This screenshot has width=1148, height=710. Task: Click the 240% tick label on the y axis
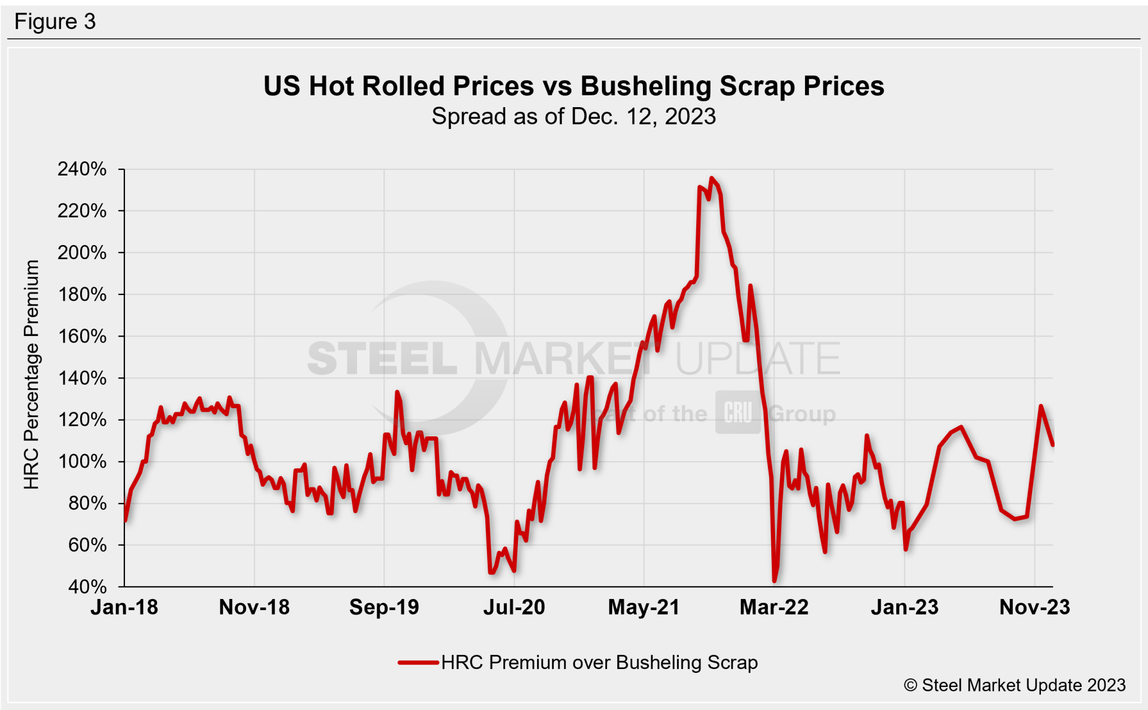tap(82, 169)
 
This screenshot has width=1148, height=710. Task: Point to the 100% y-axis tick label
tap(82, 462)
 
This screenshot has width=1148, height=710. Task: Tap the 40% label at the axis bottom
tap(87, 587)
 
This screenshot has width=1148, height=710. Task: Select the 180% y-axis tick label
tap(82, 295)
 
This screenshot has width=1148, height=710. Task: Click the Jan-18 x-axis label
tap(124, 607)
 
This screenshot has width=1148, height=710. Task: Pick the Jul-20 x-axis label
tap(514, 607)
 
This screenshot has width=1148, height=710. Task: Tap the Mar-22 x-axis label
tap(774, 607)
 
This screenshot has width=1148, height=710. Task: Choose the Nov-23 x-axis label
tap(1034, 607)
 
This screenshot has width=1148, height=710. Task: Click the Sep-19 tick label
tap(384, 607)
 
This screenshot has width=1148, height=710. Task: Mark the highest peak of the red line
tap(711, 178)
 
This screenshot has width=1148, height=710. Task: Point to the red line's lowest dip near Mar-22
tap(775, 581)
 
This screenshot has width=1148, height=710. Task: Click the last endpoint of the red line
tap(1053, 445)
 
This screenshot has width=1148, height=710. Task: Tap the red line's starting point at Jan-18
tap(125, 520)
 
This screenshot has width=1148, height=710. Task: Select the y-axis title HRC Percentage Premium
tap(32, 375)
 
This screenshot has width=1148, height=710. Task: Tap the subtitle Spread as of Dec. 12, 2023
tap(573, 117)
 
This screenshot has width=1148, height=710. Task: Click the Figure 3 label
tap(55, 22)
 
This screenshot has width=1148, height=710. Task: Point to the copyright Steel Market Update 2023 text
tap(1015, 685)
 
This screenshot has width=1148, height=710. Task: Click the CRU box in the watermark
tap(738, 413)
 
